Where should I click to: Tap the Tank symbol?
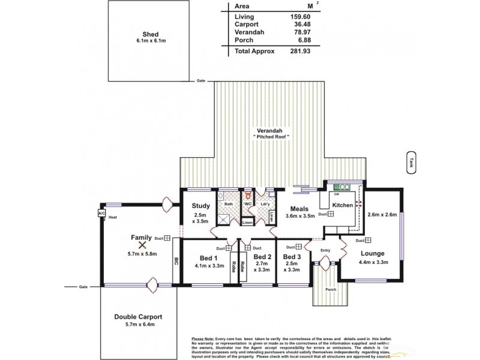click(411, 163)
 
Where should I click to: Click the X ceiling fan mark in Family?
click(142, 245)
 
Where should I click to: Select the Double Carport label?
click(138, 316)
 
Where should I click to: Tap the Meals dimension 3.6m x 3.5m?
click(300, 217)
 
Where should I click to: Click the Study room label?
click(200, 206)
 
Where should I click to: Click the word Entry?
click(325, 250)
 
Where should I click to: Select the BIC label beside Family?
click(176, 262)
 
